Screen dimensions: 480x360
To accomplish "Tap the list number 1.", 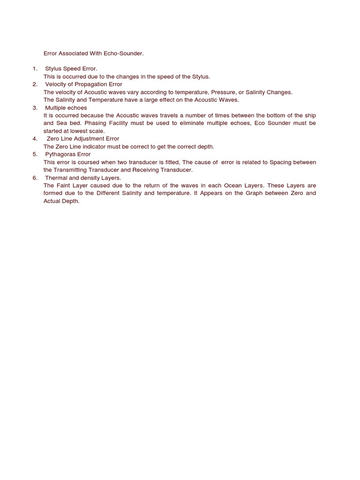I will tap(35, 68).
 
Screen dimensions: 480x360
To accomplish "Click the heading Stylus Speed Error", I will tap(71, 68).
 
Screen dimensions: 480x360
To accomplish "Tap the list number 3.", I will tap(35, 108).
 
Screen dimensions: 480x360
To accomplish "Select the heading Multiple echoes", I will tap(66, 108).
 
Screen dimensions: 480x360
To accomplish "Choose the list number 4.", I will tap(35, 139).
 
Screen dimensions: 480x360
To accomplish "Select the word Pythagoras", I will tap(62, 154).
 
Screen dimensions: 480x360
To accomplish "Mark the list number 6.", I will tap(35, 178).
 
